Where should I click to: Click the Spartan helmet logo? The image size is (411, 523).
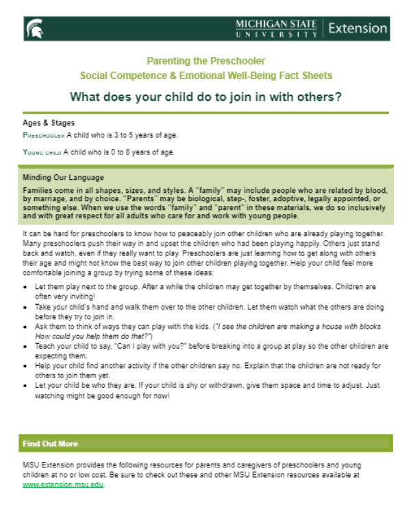pyautogui.click(x=33, y=29)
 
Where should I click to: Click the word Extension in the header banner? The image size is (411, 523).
pyautogui.click(x=358, y=29)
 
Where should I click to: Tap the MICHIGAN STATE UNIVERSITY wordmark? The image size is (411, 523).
pyautogui.click(x=276, y=29)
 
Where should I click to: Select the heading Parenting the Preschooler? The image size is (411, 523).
pyautogui.click(x=206, y=62)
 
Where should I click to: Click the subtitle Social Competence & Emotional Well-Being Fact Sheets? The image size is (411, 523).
pyautogui.click(x=206, y=75)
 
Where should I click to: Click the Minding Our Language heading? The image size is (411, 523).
pyautogui.click(x=63, y=178)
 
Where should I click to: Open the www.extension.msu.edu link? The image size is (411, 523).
pyautogui.click(x=63, y=485)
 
